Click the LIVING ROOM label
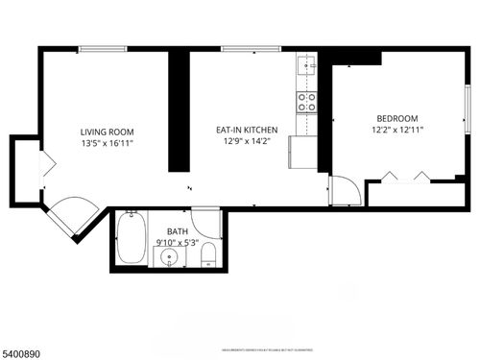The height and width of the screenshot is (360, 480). [x=106, y=132]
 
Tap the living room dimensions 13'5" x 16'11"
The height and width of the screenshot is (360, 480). [x=106, y=143]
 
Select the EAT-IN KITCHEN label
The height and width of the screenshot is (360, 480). [x=246, y=130]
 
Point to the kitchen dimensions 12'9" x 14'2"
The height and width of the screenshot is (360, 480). [x=246, y=142]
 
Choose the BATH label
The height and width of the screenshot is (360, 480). [x=178, y=231]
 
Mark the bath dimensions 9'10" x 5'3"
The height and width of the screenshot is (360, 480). [x=178, y=243]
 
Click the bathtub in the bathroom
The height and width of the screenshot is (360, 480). [x=131, y=240]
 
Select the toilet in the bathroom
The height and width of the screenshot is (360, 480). [x=211, y=255]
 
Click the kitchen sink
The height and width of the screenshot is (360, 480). [x=306, y=65]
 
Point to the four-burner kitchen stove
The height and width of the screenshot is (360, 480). [x=306, y=102]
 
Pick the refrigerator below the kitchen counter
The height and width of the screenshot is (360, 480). [x=304, y=151]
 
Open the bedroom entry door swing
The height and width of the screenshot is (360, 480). [x=344, y=190]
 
